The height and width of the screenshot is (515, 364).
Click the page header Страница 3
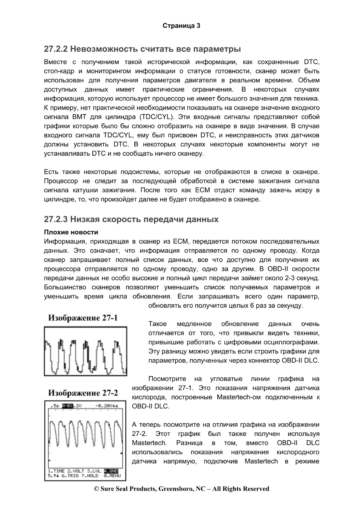[x=181, y=26]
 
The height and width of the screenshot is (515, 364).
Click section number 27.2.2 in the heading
[x=56, y=49]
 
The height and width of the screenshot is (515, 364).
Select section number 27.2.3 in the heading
[x=56, y=219]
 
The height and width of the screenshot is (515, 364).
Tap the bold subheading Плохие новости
[x=71, y=232]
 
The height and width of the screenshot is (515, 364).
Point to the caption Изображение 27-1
[x=83, y=318]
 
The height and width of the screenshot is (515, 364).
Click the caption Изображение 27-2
[x=83, y=393]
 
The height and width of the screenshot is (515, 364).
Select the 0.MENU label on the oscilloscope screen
[x=112, y=476]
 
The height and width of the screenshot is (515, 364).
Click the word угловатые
[x=226, y=379]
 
